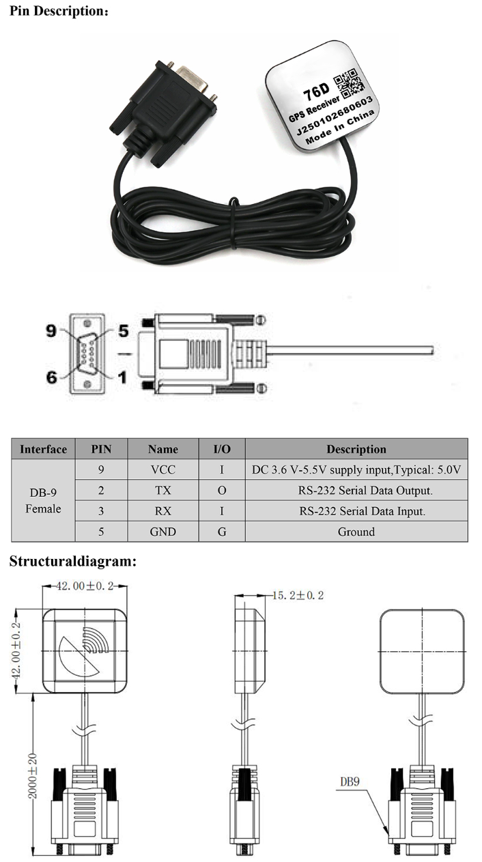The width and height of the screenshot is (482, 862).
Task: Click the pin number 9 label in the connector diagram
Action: (x=51, y=330)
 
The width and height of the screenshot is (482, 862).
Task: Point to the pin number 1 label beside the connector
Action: (x=123, y=376)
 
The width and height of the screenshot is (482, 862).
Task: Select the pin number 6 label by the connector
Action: (x=51, y=376)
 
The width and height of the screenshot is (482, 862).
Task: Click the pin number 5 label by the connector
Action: (x=123, y=331)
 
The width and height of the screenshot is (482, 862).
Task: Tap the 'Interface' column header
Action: (x=43, y=449)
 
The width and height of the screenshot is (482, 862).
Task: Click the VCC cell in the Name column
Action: (x=162, y=470)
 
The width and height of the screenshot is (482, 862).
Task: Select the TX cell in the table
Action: (x=162, y=490)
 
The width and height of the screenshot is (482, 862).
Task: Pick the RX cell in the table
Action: (x=162, y=511)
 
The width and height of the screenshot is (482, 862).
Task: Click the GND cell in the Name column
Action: (x=162, y=531)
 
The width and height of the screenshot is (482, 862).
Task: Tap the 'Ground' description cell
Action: (x=356, y=531)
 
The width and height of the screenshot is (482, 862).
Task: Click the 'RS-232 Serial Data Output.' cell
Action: (x=356, y=490)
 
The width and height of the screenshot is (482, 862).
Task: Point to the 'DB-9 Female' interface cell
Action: (x=43, y=500)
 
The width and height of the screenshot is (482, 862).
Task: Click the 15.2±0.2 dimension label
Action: (x=298, y=595)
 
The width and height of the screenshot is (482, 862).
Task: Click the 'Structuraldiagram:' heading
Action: (x=72, y=562)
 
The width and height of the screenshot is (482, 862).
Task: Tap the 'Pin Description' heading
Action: (x=58, y=12)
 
